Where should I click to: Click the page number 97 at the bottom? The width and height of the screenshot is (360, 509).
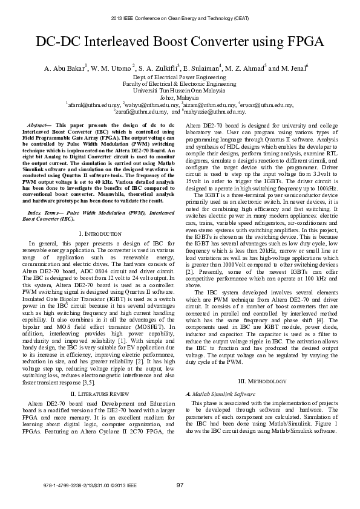point(180,485)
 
